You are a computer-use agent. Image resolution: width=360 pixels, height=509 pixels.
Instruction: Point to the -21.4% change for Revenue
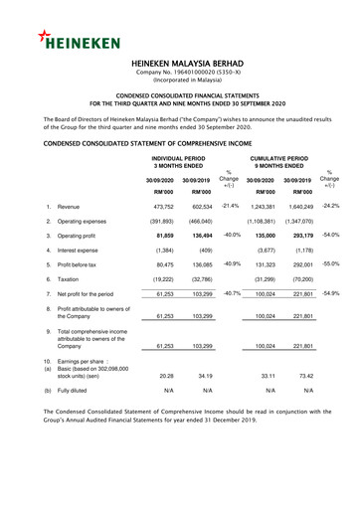point(231,204)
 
